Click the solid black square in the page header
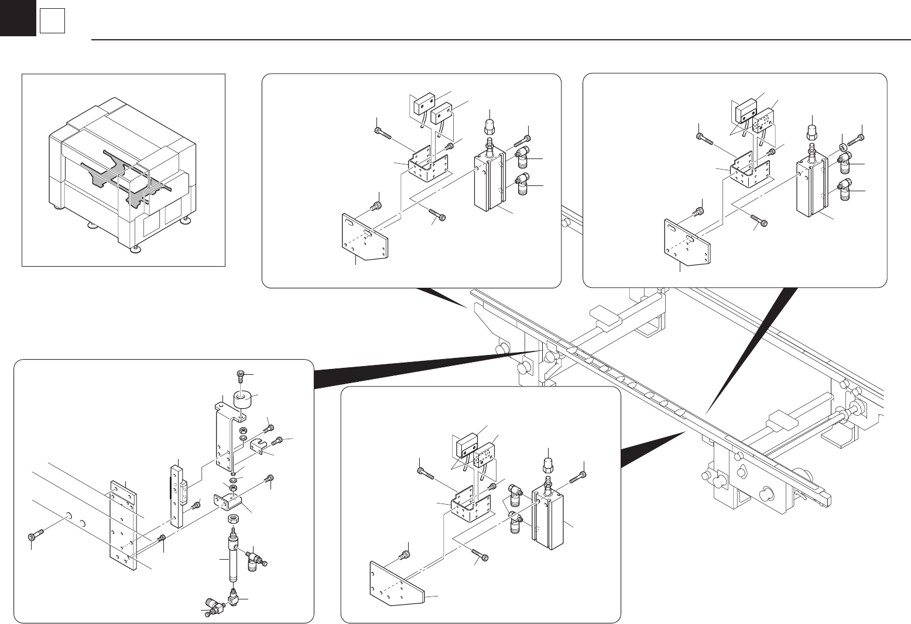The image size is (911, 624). tap(18, 18)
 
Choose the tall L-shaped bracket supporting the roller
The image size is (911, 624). tap(224, 436)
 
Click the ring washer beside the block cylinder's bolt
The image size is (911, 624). tap(842, 143)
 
